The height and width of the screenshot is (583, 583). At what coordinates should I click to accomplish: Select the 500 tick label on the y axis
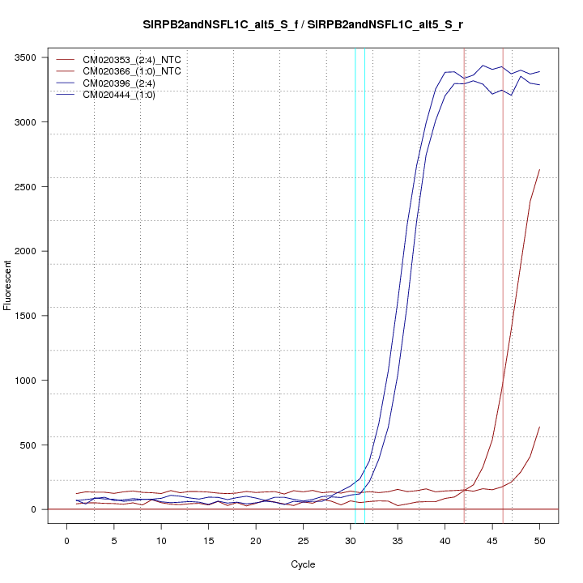click(x=29, y=445)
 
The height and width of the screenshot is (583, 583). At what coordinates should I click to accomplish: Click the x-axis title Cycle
click(x=303, y=564)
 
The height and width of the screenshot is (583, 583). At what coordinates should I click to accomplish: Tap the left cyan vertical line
click(x=355, y=283)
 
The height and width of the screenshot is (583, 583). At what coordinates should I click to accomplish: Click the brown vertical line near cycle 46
click(x=503, y=283)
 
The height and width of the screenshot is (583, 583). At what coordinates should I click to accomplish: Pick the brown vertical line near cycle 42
click(x=464, y=283)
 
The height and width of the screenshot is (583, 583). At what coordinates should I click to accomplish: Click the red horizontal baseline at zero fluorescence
click(x=243, y=509)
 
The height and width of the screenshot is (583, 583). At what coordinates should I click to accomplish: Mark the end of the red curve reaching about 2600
click(x=539, y=170)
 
